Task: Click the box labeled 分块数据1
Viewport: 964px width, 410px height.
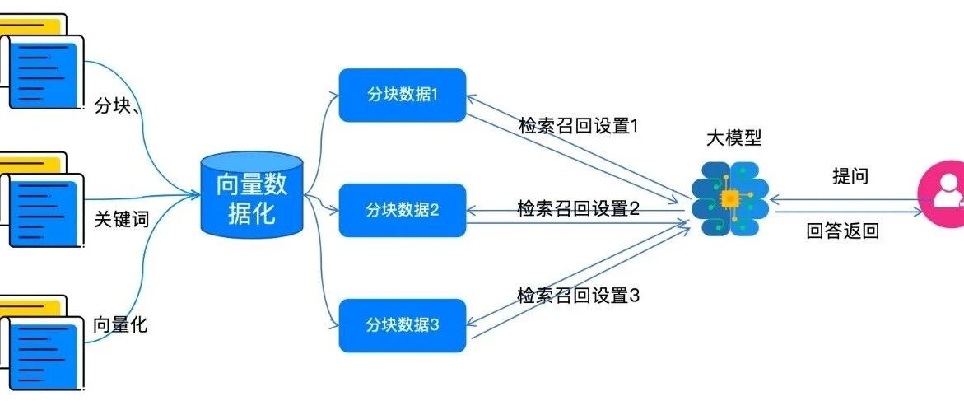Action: click(x=403, y=96)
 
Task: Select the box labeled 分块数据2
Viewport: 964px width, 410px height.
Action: click(x=403, y=210)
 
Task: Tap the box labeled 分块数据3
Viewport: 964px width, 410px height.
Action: click(x=403, y=325)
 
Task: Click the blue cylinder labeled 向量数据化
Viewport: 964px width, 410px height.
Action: click(x=252, y=195)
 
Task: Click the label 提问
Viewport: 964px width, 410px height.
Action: click(x=851, y=176)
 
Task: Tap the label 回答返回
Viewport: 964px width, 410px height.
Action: click(x=842, y=231)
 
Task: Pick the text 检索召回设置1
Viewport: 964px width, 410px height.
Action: click(x=579, y=126)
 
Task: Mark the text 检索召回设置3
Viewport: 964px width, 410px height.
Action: click(x=579, y=296)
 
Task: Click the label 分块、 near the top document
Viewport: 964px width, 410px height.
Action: click(x=119, y=106)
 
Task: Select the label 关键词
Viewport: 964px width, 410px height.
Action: click(x=122, y=219)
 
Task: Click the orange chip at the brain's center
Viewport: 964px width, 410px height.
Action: click(x=729, y=198)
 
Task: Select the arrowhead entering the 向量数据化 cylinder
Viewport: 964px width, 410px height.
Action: click(x=195, y=195)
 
